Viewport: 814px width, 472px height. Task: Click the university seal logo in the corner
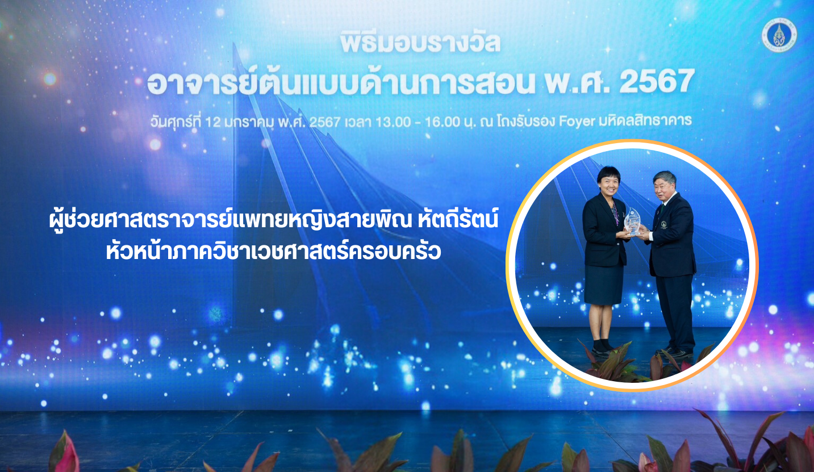(779, 35)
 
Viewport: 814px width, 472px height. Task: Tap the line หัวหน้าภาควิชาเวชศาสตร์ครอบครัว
(273, 250)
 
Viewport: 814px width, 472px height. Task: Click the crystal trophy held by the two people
(632, 222)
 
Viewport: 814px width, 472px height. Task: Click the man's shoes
(675, 352)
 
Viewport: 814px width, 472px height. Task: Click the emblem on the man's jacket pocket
(664, 224)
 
